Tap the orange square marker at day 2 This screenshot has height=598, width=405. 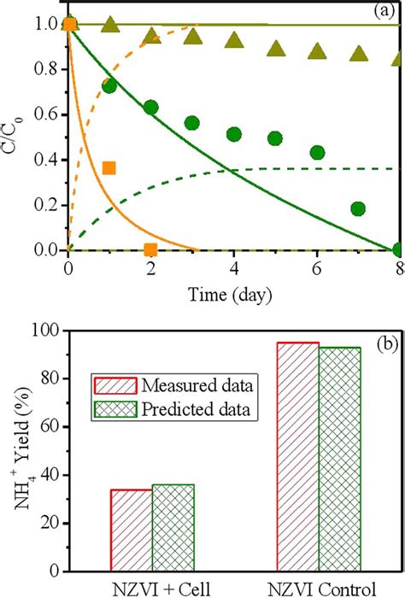click(150, 249)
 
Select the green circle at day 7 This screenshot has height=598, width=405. click(358, 208)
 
